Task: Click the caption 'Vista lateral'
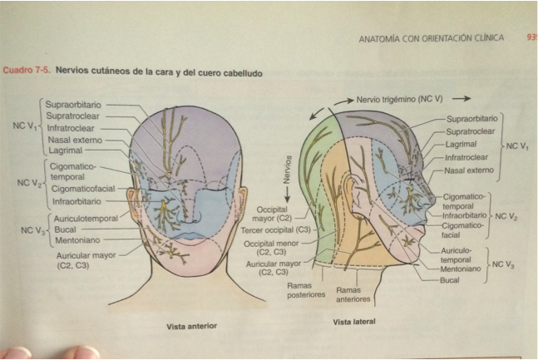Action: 355,321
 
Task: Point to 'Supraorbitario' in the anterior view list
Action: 72,106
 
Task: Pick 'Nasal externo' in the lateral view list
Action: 468,170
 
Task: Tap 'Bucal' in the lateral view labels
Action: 450,280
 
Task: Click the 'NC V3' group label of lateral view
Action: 503,264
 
